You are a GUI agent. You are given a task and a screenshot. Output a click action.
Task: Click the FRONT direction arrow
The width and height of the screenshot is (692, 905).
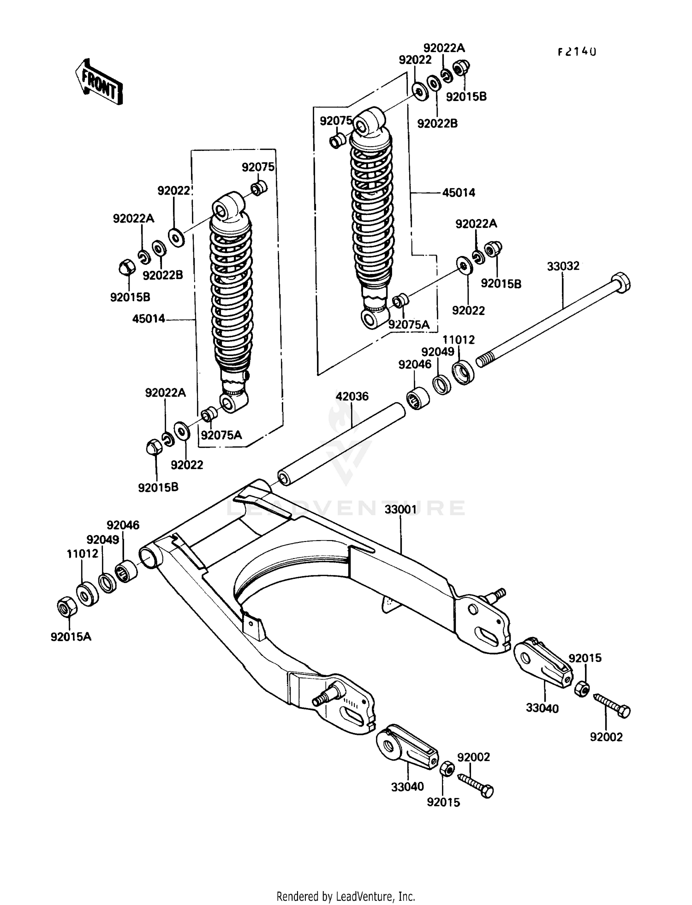[99, 82]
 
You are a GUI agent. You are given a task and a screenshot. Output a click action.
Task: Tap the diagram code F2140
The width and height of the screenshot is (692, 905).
[577, 52]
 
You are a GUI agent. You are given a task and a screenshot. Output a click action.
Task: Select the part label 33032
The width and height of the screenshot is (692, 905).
[563, 267]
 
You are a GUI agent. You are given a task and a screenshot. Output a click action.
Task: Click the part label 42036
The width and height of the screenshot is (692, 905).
[352, 396]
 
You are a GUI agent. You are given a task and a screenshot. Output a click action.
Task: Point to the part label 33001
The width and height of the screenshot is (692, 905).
[401, 509]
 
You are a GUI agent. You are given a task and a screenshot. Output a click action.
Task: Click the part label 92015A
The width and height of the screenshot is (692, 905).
[71, 637]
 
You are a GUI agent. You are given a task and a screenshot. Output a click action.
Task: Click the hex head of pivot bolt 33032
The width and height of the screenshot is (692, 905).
[620, 282]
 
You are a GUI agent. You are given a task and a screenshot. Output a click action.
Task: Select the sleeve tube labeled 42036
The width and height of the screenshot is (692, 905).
[341, 443]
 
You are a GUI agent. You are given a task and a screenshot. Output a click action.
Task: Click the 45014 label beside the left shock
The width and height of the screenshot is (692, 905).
[149, 319]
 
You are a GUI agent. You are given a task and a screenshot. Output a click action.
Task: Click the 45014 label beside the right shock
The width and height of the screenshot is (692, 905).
[459, 193]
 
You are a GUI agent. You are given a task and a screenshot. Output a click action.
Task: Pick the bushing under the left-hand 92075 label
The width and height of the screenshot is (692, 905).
[259, 188]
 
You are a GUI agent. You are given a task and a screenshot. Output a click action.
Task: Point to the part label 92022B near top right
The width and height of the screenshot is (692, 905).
[437, 124]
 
